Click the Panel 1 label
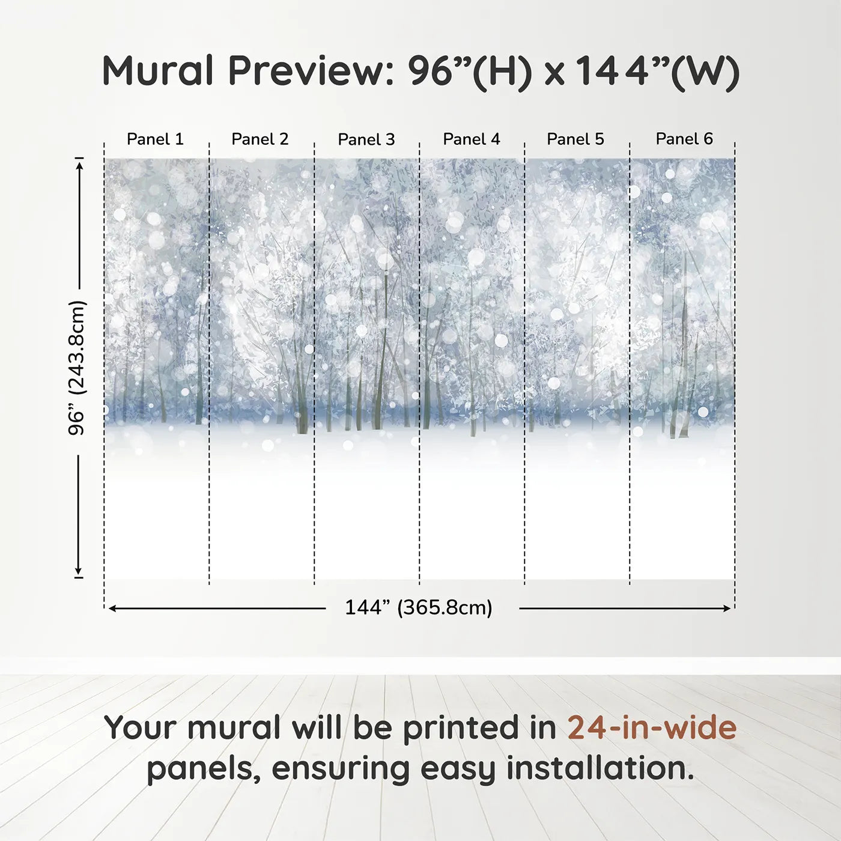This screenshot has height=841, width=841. [155, 139]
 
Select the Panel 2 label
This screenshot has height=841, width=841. [260, 139]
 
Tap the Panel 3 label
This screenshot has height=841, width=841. [366, 139]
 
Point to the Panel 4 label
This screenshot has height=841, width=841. [472, 139]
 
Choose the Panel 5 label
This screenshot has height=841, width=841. [575, 139]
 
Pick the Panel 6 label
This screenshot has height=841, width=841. [684, 139]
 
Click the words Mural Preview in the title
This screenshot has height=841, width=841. [247, 71]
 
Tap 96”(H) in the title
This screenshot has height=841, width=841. [470, 71]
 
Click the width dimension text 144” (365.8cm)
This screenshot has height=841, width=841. [419, 608]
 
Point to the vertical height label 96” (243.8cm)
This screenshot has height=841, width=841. [77, 368]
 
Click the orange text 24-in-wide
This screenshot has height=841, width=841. [652, 727]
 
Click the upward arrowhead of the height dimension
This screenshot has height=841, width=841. [79, 163]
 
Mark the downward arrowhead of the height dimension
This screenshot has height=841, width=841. [78, 571]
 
